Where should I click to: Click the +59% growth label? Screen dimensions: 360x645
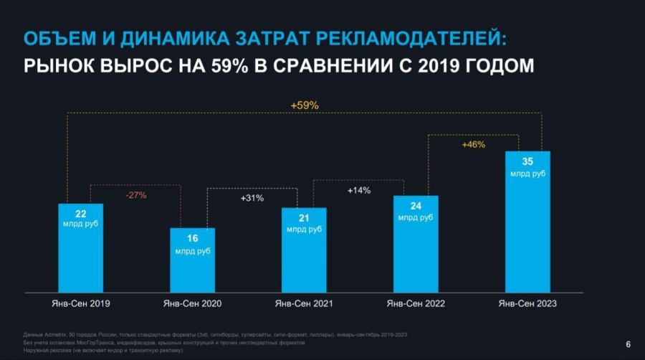pos(305,105)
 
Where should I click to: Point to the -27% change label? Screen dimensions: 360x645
pos(137,195)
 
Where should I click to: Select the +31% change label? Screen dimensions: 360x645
pos(252,198)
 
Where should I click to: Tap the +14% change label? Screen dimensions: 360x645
pos(359,191)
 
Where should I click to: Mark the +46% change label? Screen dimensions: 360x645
pos(473,144)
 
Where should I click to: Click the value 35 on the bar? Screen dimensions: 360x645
pos(527,162)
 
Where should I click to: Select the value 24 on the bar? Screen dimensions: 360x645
pos(416,207)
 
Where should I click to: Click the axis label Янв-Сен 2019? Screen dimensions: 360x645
pos(80,304)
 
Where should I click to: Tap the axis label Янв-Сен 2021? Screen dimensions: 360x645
pos(304,304)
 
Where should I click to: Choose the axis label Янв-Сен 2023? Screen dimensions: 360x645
pos(527,304)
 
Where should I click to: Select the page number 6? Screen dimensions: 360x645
pos(629,343)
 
